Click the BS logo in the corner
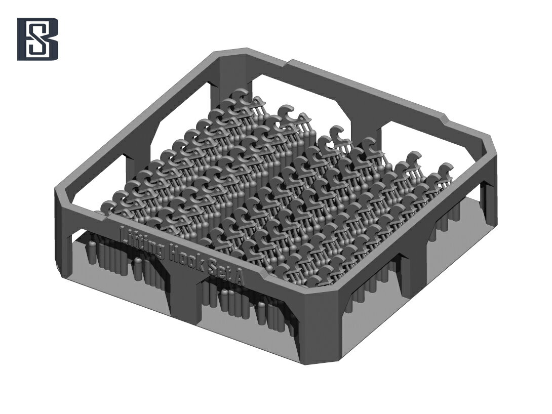click(37, 38)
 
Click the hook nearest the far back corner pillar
click(244, 97)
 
